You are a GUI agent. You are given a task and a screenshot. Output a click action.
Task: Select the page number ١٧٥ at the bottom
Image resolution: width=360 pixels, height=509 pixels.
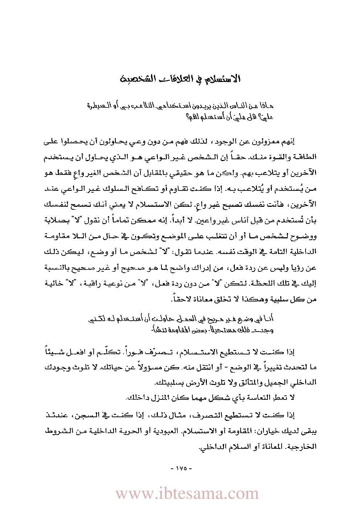point(181,468)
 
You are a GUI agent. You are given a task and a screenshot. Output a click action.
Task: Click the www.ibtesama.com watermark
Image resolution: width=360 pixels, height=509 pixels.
point(187,494)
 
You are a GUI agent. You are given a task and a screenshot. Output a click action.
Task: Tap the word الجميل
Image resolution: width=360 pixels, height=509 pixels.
point(277,382)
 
